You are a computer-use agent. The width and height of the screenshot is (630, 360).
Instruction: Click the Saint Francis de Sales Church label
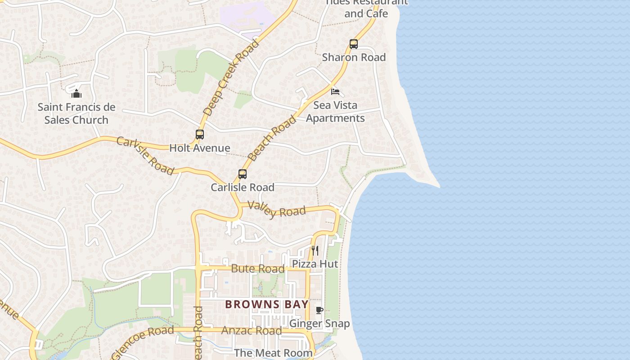[x=76, y=113]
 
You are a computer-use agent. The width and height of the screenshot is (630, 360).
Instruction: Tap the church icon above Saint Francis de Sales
[x=76, y=94]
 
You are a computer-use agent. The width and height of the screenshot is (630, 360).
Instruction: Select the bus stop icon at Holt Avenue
[x=200, y=134]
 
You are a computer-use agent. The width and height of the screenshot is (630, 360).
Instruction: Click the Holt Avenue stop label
[x=200, y=148]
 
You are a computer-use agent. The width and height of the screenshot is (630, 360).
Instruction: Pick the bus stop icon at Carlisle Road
[x=243, y=174]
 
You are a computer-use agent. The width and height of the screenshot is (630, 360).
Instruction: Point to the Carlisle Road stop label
[x=243, y=187]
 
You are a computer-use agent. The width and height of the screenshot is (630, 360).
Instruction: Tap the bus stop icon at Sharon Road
[x=354, y=44]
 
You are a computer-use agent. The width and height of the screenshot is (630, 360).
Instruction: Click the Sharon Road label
[x=354, y=57]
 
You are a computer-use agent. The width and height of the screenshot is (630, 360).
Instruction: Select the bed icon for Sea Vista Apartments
[x=335, y=92]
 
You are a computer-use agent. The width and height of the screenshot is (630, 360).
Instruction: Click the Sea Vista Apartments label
[x=335, y=112]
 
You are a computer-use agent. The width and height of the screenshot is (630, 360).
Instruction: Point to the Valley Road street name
[x=277, y=210]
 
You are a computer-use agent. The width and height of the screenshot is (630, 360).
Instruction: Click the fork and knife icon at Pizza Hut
[x=315, y=251]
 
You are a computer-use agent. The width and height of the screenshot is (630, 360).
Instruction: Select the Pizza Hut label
[x=315, y=264]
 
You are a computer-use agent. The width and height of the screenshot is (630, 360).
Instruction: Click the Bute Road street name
[x=257, y=269]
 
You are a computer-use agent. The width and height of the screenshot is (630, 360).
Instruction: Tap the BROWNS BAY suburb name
[x=267, y=305]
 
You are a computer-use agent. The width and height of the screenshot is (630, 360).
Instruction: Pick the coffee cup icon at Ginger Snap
[x=319, y=310]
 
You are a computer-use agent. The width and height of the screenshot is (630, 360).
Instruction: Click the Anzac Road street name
[x=252, y=331]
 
